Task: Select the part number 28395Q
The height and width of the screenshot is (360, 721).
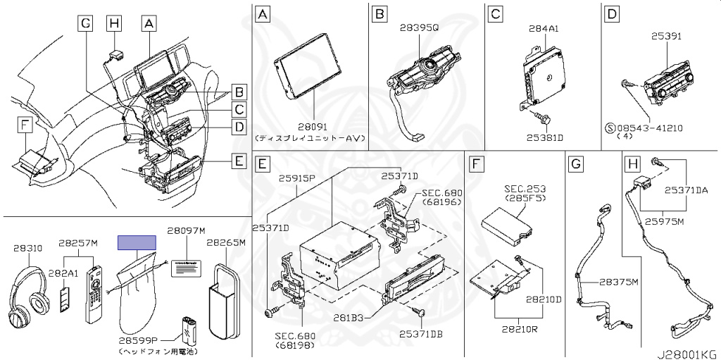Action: click(x=419, y=27)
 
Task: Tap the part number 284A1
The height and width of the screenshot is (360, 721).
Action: click(x=543, y=29)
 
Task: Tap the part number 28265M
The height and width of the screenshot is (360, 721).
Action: click(x=225, y=243)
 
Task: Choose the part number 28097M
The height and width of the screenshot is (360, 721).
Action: click(x=185, y=230)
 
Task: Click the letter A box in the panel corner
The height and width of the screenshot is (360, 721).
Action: click(x=262, y=13)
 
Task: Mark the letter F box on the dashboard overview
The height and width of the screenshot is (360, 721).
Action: click(x=25, y=125)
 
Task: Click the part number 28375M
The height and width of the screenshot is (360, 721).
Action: click(x=618, y=282)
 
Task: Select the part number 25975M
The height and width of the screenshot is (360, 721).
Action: click(x=665, y=221)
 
